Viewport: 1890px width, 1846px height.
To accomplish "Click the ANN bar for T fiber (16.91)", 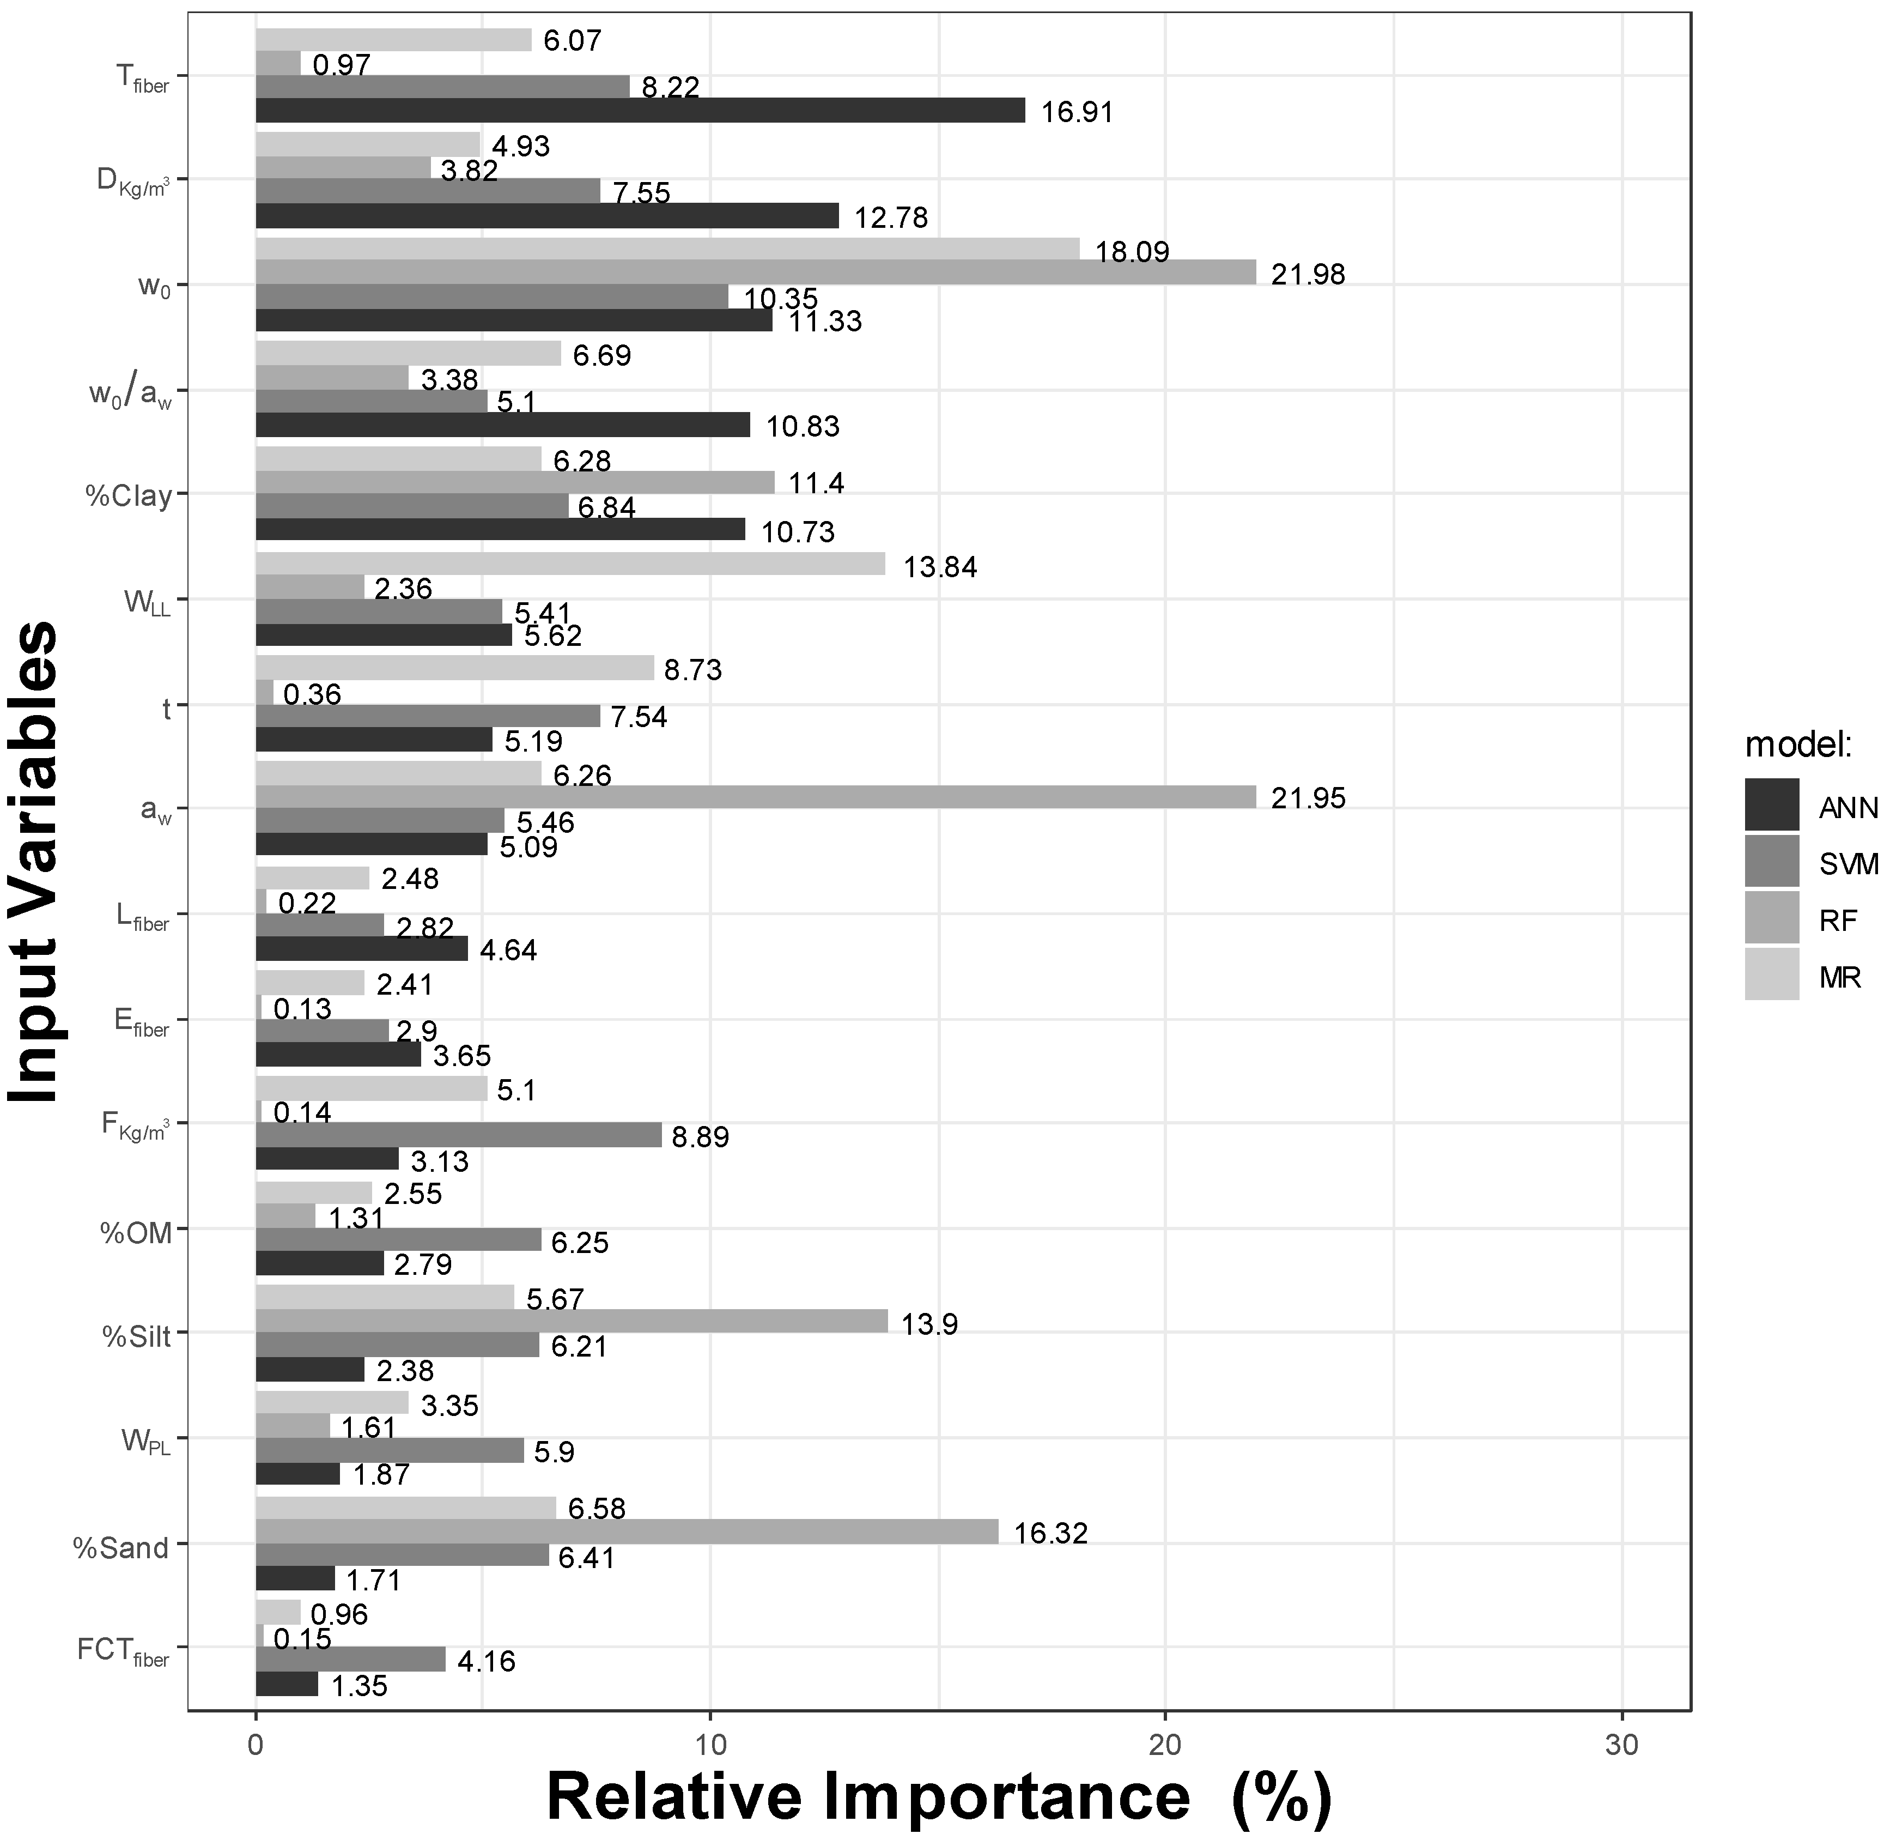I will [x=640, y=111].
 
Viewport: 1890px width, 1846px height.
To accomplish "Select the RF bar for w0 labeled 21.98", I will [x=756, y=273].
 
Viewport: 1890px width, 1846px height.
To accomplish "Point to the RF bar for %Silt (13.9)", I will [x=572, y=1322].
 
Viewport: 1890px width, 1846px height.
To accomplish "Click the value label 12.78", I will [x=891, y=217].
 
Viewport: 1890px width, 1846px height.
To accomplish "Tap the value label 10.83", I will [x=803, y=427].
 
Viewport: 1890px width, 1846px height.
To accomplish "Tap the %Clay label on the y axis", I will [x=129, y=497].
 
